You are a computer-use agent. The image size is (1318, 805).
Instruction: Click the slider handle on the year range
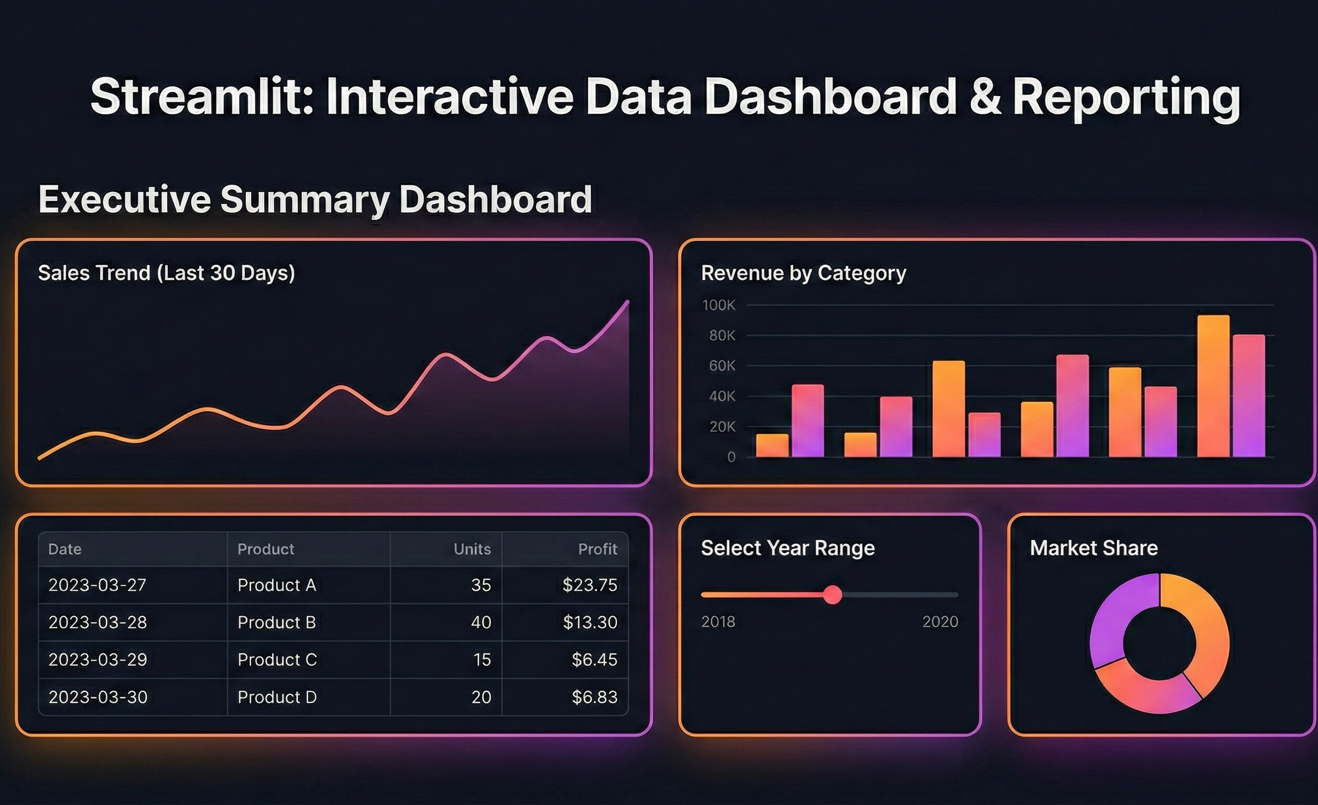click(832, 594)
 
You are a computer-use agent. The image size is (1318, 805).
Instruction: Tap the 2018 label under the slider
click(718, 622)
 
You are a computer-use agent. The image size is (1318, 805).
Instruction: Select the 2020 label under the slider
click(940, 622)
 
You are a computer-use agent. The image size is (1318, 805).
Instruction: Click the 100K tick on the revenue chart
click(718, 305)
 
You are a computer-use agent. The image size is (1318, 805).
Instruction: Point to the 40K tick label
click(722, 396)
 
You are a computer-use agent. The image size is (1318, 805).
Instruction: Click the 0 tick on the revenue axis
click(731, 457)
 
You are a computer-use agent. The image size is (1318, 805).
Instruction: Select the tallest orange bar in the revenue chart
click(1213, 385)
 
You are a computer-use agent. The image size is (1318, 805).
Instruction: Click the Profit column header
click(597, 549)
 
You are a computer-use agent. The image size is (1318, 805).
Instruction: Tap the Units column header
click(472, 549)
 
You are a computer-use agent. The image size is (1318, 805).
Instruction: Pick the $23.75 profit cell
click(590, 585)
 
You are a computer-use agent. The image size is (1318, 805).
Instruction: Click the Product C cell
click(277, 659)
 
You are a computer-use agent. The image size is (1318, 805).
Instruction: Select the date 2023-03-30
click(98, 697)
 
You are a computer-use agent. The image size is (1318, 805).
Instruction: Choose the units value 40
click(481, 622)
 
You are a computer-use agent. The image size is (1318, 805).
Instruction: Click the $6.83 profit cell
click(594, 697)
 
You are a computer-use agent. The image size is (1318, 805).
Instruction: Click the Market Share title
click(1093, 548)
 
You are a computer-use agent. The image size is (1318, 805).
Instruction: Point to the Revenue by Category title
click(803, 273)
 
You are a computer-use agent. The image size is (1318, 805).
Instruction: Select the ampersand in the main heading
click(985, 97)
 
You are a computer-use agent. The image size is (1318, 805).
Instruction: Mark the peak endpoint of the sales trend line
click(628, 302)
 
